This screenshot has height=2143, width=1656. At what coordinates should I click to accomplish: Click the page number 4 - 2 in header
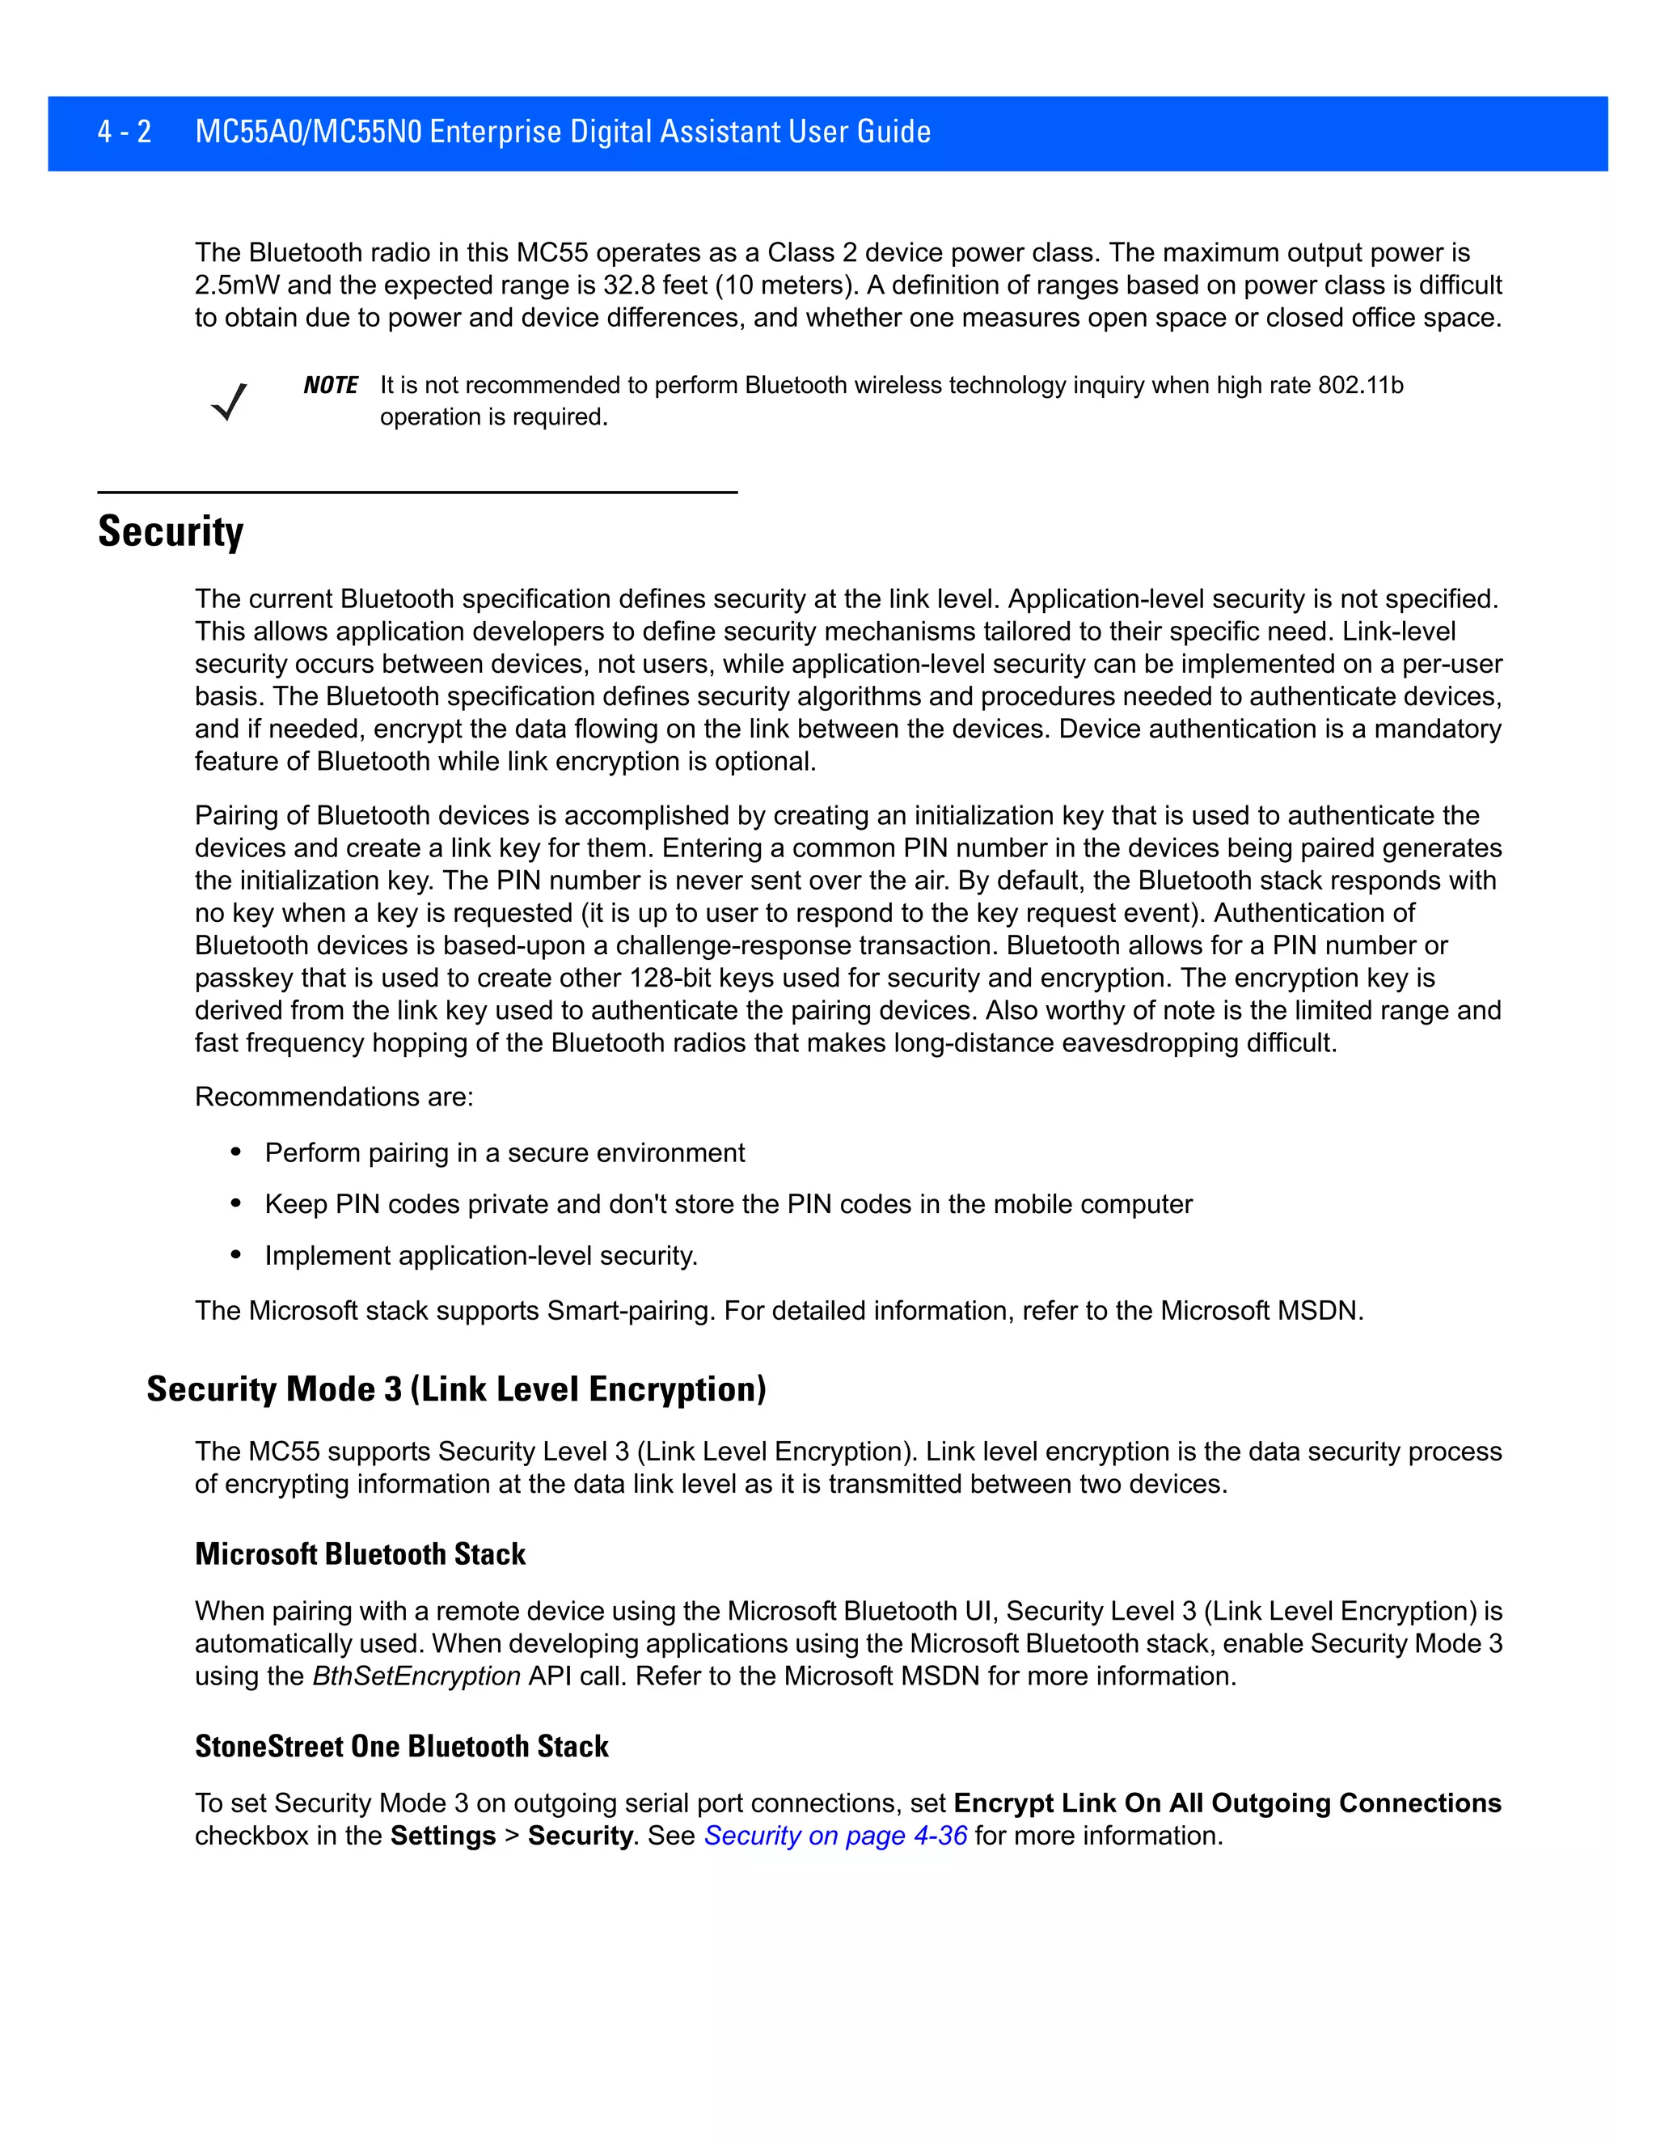[125, 132]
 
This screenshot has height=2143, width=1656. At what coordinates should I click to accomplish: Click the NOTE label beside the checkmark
[331, 386]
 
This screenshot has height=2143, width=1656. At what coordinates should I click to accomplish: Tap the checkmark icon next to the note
[229, 401]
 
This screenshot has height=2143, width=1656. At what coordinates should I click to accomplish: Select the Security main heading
[171, 532]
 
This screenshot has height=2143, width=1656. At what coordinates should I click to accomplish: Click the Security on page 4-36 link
[834, 1836]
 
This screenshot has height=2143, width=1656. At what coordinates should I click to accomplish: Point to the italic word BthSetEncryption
[416, 1676]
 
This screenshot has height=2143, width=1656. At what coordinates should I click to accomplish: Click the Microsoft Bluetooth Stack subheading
[360, 1554]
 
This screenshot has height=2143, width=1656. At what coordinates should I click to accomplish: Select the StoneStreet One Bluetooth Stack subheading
[401, 1747]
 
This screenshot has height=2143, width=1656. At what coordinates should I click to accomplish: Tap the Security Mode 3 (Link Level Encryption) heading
[456, 1389]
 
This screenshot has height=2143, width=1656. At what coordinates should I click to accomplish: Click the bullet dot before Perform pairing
[235, 1152]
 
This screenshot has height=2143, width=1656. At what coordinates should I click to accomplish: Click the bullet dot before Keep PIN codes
[235, 1204]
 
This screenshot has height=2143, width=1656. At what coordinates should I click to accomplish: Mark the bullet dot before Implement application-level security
[235, 1255]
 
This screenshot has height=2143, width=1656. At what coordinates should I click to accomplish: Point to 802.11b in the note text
[1360, 386]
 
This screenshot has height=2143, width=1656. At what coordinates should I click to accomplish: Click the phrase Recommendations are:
[334, 1097]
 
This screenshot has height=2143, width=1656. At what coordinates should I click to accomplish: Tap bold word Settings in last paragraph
[442, 1836]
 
